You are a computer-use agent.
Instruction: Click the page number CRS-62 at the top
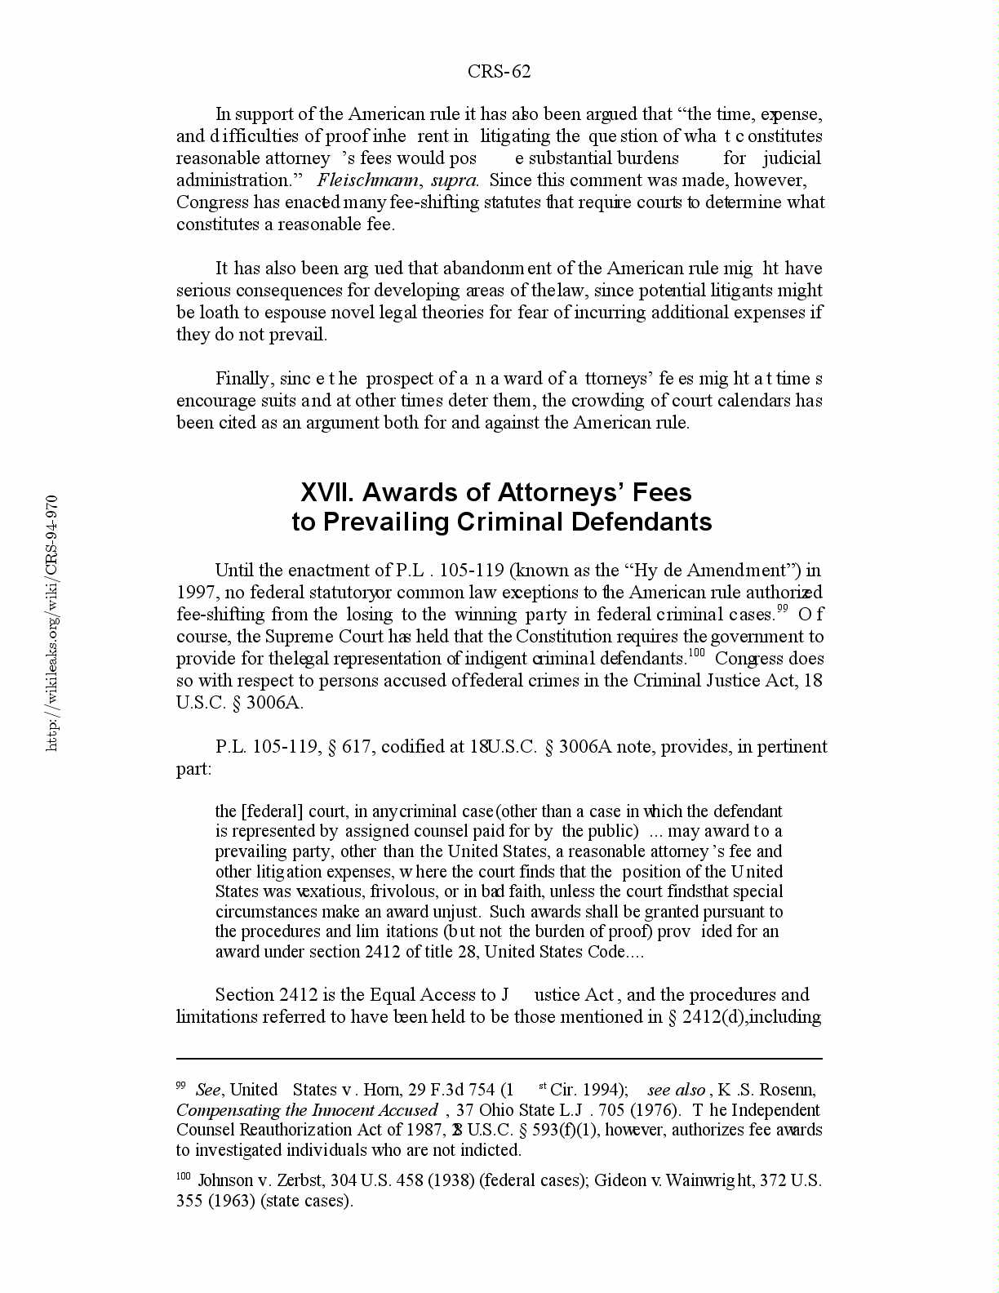(499, 72)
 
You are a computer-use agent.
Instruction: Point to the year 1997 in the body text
(194, 593)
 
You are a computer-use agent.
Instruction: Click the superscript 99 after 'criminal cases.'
(782, 609)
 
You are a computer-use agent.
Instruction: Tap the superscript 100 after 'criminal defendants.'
(696, 653)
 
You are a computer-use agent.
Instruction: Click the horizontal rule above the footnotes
(499, 1059)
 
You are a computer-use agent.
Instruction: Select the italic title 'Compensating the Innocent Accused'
(307, 1110)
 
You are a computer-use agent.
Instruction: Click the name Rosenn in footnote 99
(788, 1090)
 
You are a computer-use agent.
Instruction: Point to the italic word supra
(454, 180)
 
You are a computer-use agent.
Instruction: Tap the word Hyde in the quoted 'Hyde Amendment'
(651, 571)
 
